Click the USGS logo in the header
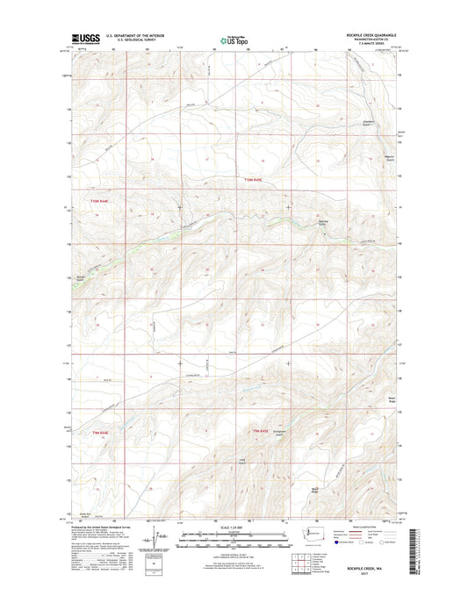(x=81, y=39)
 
